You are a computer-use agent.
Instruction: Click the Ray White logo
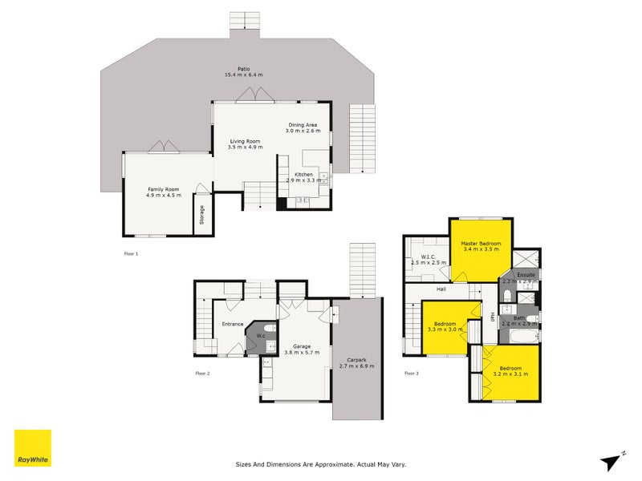point(32,448)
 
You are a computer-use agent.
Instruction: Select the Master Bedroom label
point(481,243)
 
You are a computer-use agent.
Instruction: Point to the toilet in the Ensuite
point(509,297)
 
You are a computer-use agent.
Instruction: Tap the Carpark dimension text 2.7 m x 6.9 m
point(356,366)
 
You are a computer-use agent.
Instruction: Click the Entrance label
point(233,324)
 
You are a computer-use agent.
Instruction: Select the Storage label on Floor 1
point(202,214)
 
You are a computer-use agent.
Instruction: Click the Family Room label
point(164,188)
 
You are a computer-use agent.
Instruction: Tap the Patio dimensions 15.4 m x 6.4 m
point(243,75)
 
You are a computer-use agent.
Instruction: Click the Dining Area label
point(303,125)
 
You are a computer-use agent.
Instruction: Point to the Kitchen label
point(303,174)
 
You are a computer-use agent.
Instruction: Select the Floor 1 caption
point(132,253)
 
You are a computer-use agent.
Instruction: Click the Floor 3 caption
point(411,373)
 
